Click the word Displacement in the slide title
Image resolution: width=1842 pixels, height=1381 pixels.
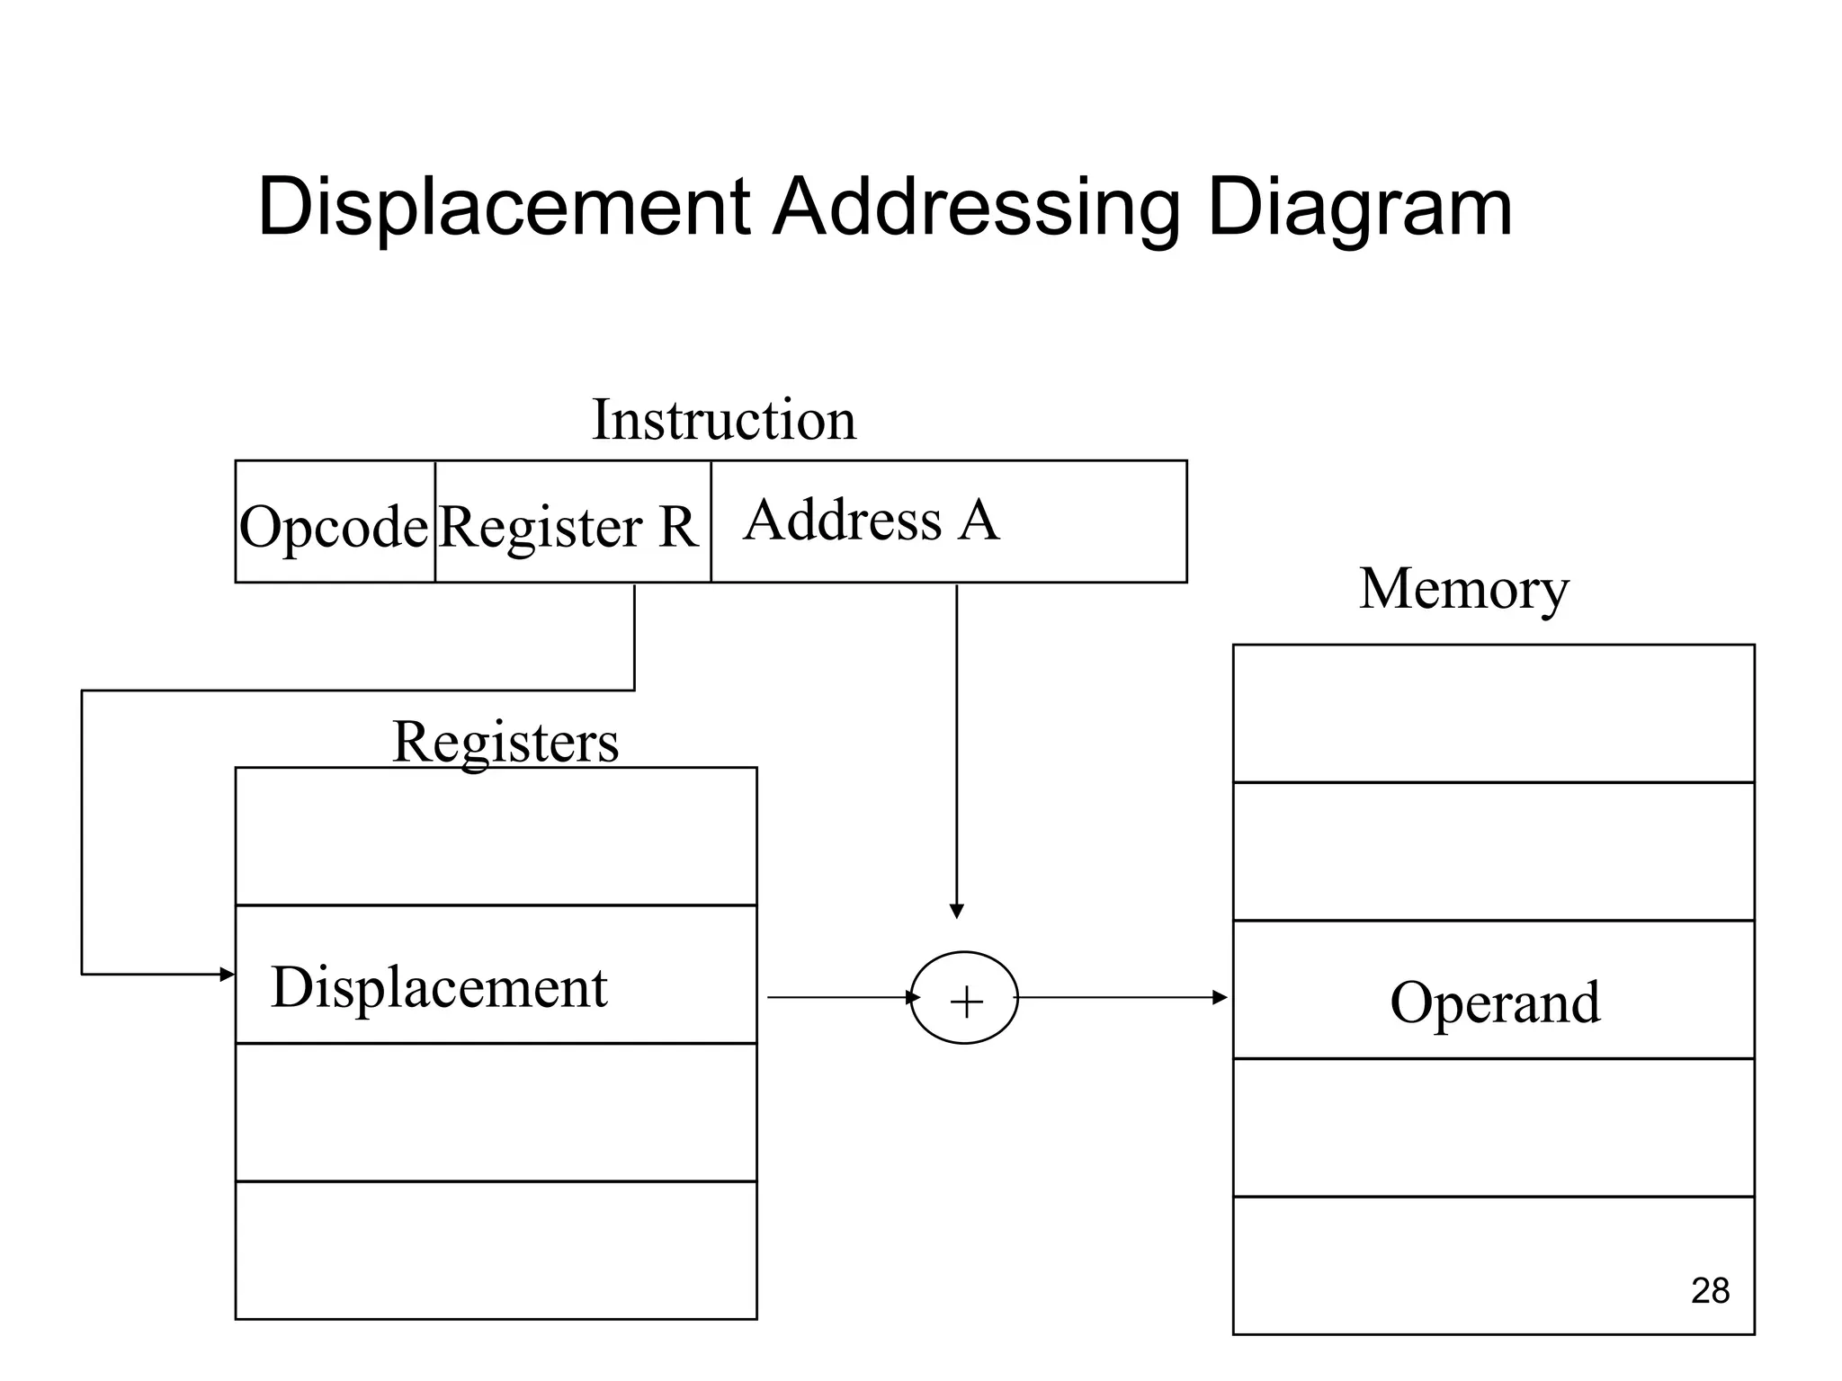click(x=504, y=209)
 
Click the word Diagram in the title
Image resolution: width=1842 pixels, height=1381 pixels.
click(x=1359, y=209)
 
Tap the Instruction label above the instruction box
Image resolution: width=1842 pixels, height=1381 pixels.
click(x=724, y=420)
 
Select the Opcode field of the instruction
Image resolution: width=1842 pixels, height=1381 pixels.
click(x=334, y=525)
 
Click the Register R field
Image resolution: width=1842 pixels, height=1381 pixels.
click(x=568, y=525)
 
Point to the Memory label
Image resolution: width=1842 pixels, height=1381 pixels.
click(x=1463, y=589)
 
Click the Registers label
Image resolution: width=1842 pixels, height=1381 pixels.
click(x=505, y=743)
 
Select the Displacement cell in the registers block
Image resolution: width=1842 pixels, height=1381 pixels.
click(x=440, y=987)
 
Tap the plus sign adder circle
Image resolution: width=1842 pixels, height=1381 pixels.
click(x=964, y=998)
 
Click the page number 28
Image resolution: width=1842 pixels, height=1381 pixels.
click(x=1710, y=1291)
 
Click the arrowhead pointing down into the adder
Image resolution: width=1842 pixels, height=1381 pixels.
click(x=957, y=911)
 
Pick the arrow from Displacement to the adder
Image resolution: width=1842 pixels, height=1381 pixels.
click(x=841, y=997)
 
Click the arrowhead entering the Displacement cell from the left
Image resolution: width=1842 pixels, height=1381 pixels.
click(x=227, y=975)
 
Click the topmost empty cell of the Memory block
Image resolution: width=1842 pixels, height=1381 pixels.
click(x=1493, y=713)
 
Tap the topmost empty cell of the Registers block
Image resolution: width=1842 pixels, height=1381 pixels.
click(x=496, y=836)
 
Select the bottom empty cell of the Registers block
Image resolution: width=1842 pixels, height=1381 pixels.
click(x=496, y=1251)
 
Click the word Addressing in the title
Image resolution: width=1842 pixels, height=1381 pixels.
click(x=976, y=209)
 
